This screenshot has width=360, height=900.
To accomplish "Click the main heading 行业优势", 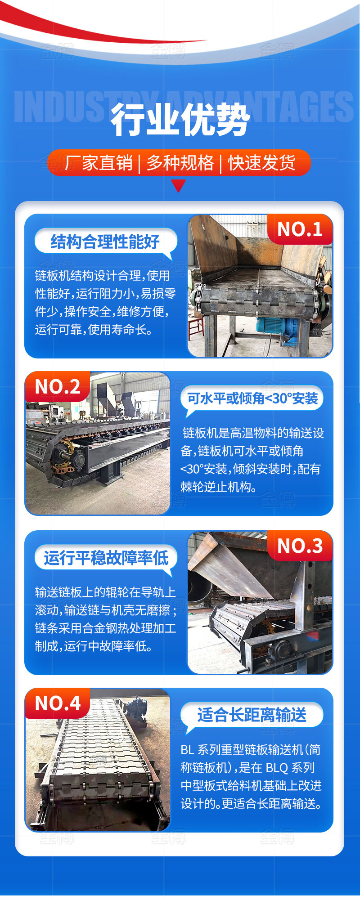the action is pos(180,120).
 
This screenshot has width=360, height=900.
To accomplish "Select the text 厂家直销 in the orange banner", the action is pos(99,163).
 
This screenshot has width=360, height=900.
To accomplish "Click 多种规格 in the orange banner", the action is pos(180,163).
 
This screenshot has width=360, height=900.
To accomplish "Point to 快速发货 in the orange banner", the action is pos(262,163).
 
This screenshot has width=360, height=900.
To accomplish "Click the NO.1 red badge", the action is pos(300,229).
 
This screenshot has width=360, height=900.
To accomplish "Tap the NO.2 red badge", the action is pos(58,387).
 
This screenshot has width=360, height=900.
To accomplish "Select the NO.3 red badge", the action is pos(300,546).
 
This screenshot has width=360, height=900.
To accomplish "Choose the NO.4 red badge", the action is pos(58,703).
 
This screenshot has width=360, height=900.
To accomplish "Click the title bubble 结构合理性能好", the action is pos(105,242).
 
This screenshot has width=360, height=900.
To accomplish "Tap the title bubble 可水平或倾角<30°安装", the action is pos(252,399).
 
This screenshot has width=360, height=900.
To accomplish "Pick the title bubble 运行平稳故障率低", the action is pos(106,558).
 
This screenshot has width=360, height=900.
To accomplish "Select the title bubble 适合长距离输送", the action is pos(252,715).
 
